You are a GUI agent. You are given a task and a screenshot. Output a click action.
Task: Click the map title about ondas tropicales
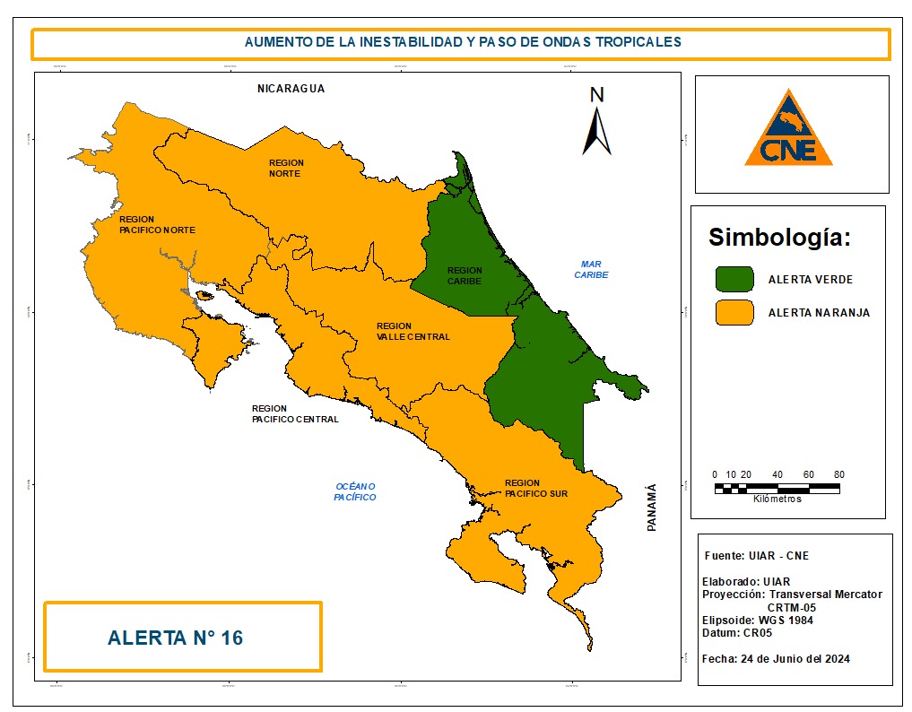(463, 42)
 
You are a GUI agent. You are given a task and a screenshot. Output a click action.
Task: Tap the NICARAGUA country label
(290, 89)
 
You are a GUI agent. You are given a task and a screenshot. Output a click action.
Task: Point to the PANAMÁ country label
(652, 508)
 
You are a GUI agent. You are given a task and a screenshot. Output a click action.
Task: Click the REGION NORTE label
(286, 168)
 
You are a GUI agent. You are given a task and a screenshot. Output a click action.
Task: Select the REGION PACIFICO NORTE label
(157, 224)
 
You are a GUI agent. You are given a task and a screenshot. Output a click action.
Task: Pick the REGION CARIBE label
(465, 275)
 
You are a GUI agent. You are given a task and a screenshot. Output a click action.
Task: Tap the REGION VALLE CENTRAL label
(413, 332)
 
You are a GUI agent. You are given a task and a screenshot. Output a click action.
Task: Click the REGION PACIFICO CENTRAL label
(295, 413)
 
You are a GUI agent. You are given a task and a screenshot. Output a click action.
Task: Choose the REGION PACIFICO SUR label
(535, 488)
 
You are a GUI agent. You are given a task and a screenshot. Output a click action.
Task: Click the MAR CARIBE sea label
(591, 269)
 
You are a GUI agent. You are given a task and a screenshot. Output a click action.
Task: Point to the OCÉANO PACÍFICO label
(354, 491)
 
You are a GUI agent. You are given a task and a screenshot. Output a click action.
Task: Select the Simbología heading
(778, 238)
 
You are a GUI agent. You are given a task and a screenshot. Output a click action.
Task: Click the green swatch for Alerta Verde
(734, 279)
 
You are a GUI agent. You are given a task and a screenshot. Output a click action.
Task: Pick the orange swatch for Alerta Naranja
(734, 312)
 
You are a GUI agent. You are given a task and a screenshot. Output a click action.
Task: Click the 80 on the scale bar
(838, 474)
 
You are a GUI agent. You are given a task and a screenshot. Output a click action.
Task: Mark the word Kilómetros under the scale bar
(777, 499)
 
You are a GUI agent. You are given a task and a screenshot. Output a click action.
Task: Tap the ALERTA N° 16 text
(175, 638)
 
